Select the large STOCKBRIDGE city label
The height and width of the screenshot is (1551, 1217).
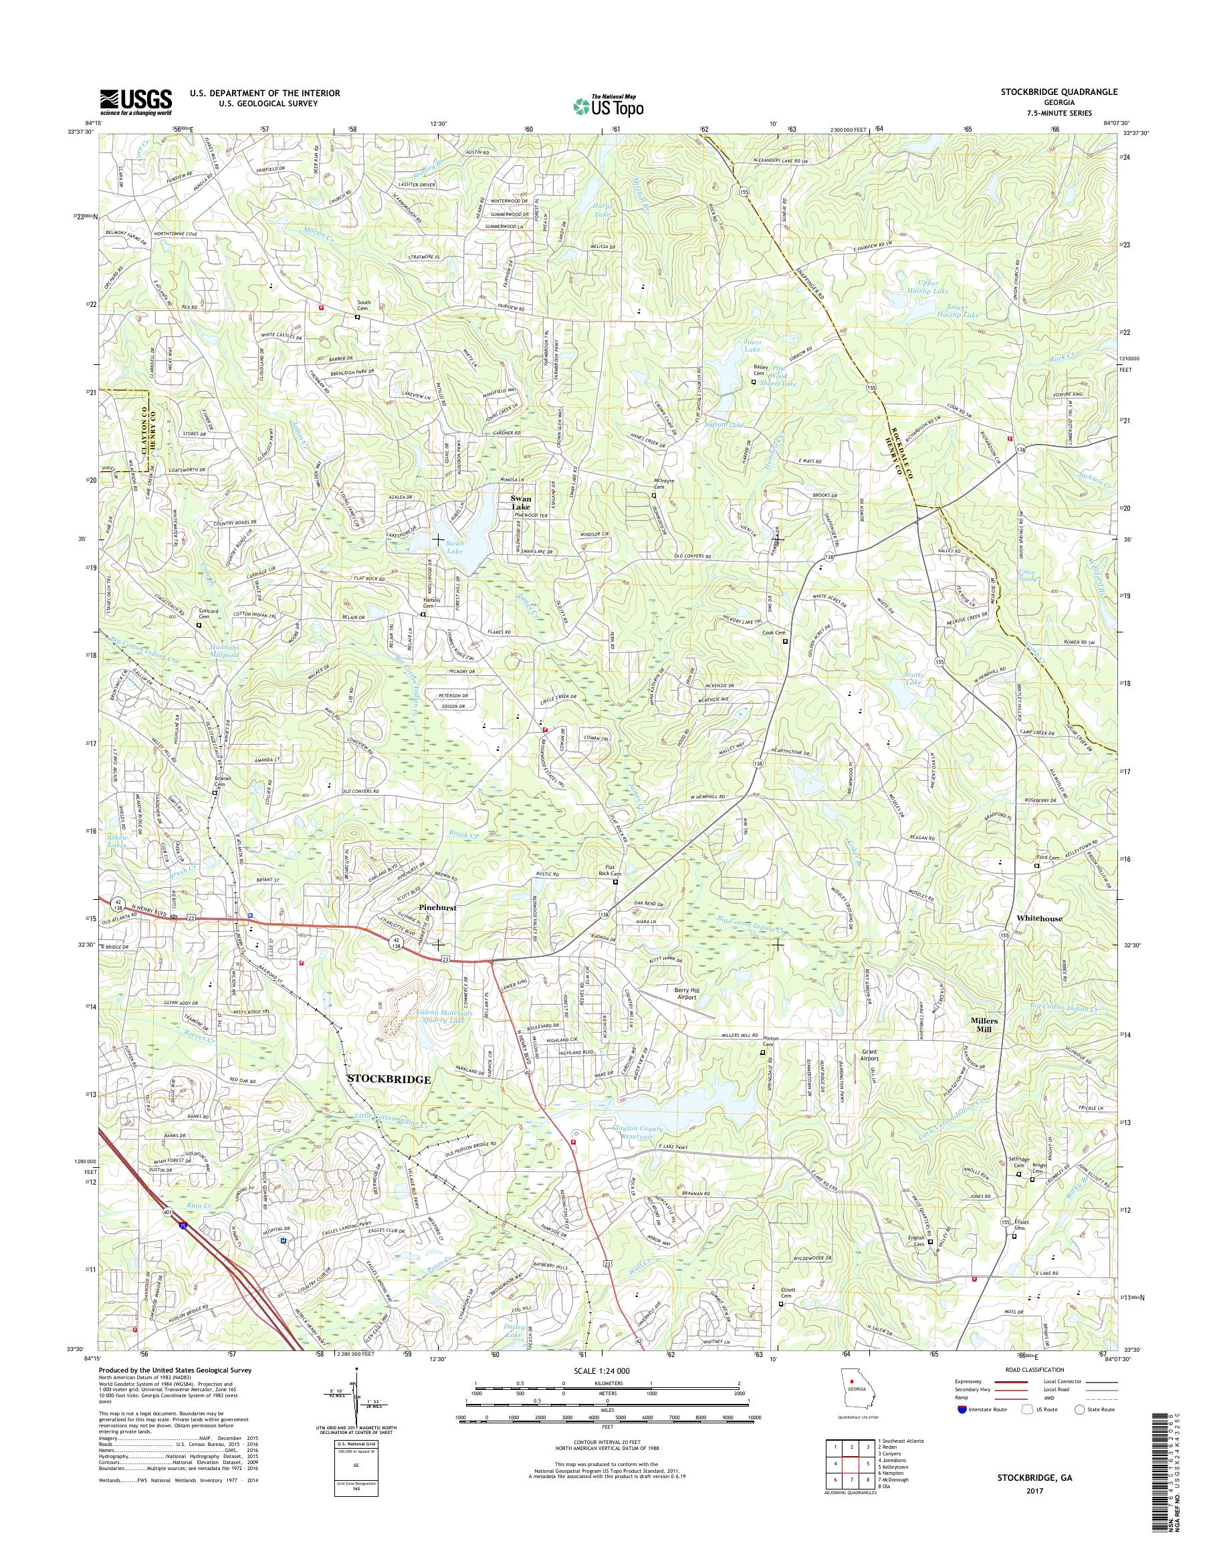click(x=389, y=1080)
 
